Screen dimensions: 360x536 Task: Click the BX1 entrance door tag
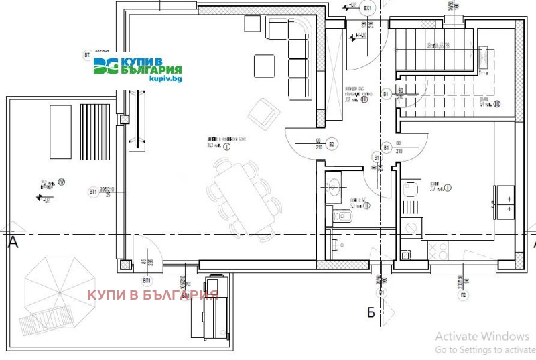367,8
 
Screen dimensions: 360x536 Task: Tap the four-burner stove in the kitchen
440,251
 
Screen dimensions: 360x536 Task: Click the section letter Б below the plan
369,312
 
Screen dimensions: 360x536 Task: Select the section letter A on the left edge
12,244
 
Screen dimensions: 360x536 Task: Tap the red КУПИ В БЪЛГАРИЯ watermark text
153,294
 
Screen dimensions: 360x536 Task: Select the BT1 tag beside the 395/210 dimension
93,192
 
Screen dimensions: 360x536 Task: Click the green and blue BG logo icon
105,66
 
